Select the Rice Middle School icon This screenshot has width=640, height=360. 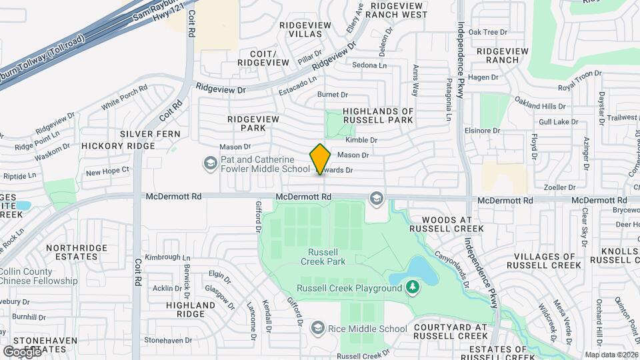click(x=318, y=328)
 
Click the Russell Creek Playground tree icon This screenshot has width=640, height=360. click(x=413, y=288)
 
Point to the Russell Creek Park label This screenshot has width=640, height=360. click(x=327, y=257)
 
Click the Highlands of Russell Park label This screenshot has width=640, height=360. click(x=378, y=115)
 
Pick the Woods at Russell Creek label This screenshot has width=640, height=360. click(x=448, y=224)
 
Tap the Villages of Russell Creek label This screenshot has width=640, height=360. click(x=541, y=261)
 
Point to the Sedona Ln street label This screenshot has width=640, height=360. click(x=369, y=65)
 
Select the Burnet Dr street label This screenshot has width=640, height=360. click(x=333, y=95)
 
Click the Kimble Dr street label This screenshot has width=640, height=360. click(x=361, y=141)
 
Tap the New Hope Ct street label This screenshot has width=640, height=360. click(x=107, y=172)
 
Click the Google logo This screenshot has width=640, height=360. click(x=21, y=351)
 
